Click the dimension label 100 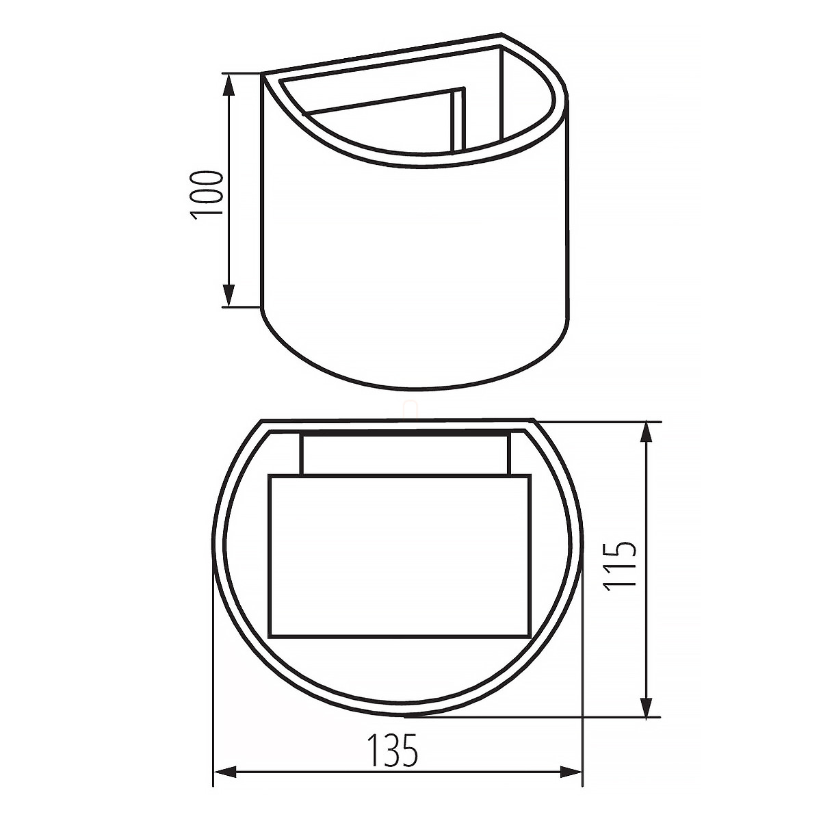point(207,195)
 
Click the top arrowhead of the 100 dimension point(229,85)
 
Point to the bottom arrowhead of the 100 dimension point(229,296)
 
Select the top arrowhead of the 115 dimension point(647,433)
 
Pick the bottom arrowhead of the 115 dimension point(647,705)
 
